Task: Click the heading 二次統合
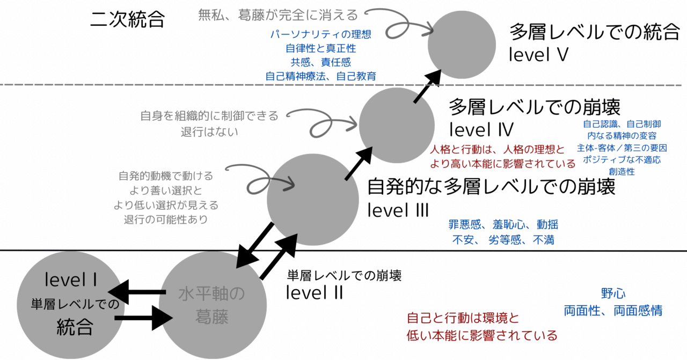click(128, 20)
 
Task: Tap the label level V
click(539, 54)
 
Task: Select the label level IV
click(481, 129)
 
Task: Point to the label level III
click(398, 210)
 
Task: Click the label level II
click(313, 292)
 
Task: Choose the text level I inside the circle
click(71, 280)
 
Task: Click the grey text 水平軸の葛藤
click(211, 306)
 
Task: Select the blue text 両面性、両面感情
click(613, 310)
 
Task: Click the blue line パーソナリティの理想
click(321, 34)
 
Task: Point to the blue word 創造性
click(622, 172)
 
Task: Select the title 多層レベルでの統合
click(595, 32)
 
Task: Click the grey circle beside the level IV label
click(396, 125)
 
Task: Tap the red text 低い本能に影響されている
click(482, 336)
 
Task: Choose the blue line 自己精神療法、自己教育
click(321, 76)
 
